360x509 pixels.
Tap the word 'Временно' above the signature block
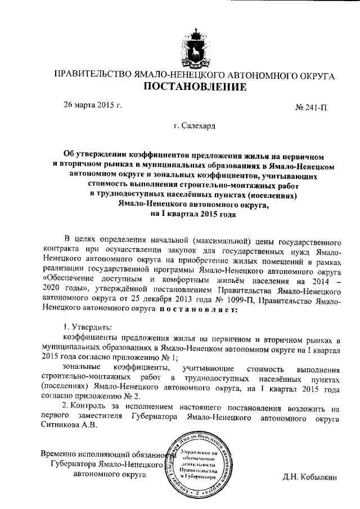point(61,455)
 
